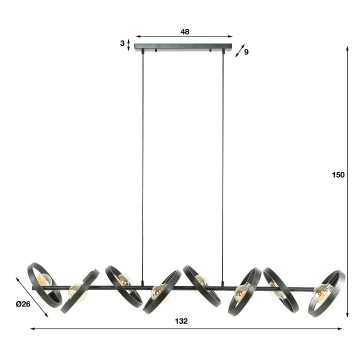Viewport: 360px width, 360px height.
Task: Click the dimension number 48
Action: point(185,32)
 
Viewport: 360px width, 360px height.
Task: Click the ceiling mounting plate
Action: point(185,49)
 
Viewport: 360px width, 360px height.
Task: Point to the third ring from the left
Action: point(119,284)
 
